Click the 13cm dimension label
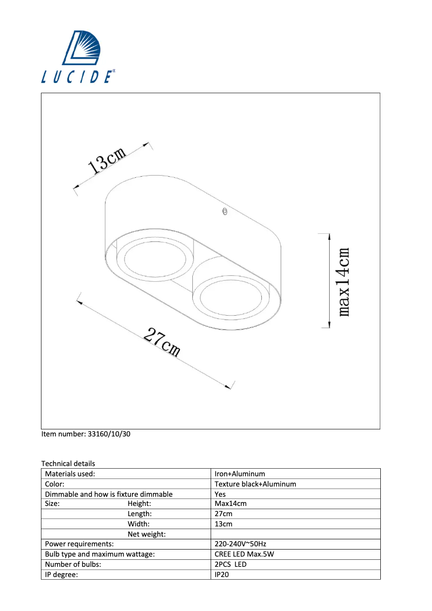107,161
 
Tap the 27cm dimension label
162,343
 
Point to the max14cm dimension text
345,282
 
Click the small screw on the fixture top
225,212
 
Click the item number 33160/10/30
86,433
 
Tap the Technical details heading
68,463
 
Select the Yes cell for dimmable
220,494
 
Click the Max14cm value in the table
231,504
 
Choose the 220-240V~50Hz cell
240,544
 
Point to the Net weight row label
147,534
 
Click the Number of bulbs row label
73,564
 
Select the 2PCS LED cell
231,564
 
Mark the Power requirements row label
79,544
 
